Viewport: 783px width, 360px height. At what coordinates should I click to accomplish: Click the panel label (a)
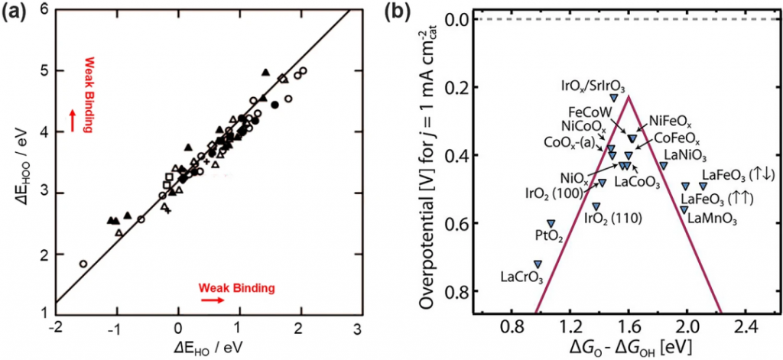[16, 12]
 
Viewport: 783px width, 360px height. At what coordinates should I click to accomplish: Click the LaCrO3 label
[521, 276]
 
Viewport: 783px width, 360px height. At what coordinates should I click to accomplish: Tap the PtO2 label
[550, 237]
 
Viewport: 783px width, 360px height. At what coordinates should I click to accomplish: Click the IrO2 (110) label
[612, 218]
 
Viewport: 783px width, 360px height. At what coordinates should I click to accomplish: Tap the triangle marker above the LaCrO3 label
[538, 264]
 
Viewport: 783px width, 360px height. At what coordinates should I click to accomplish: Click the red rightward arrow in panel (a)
[215, 300]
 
